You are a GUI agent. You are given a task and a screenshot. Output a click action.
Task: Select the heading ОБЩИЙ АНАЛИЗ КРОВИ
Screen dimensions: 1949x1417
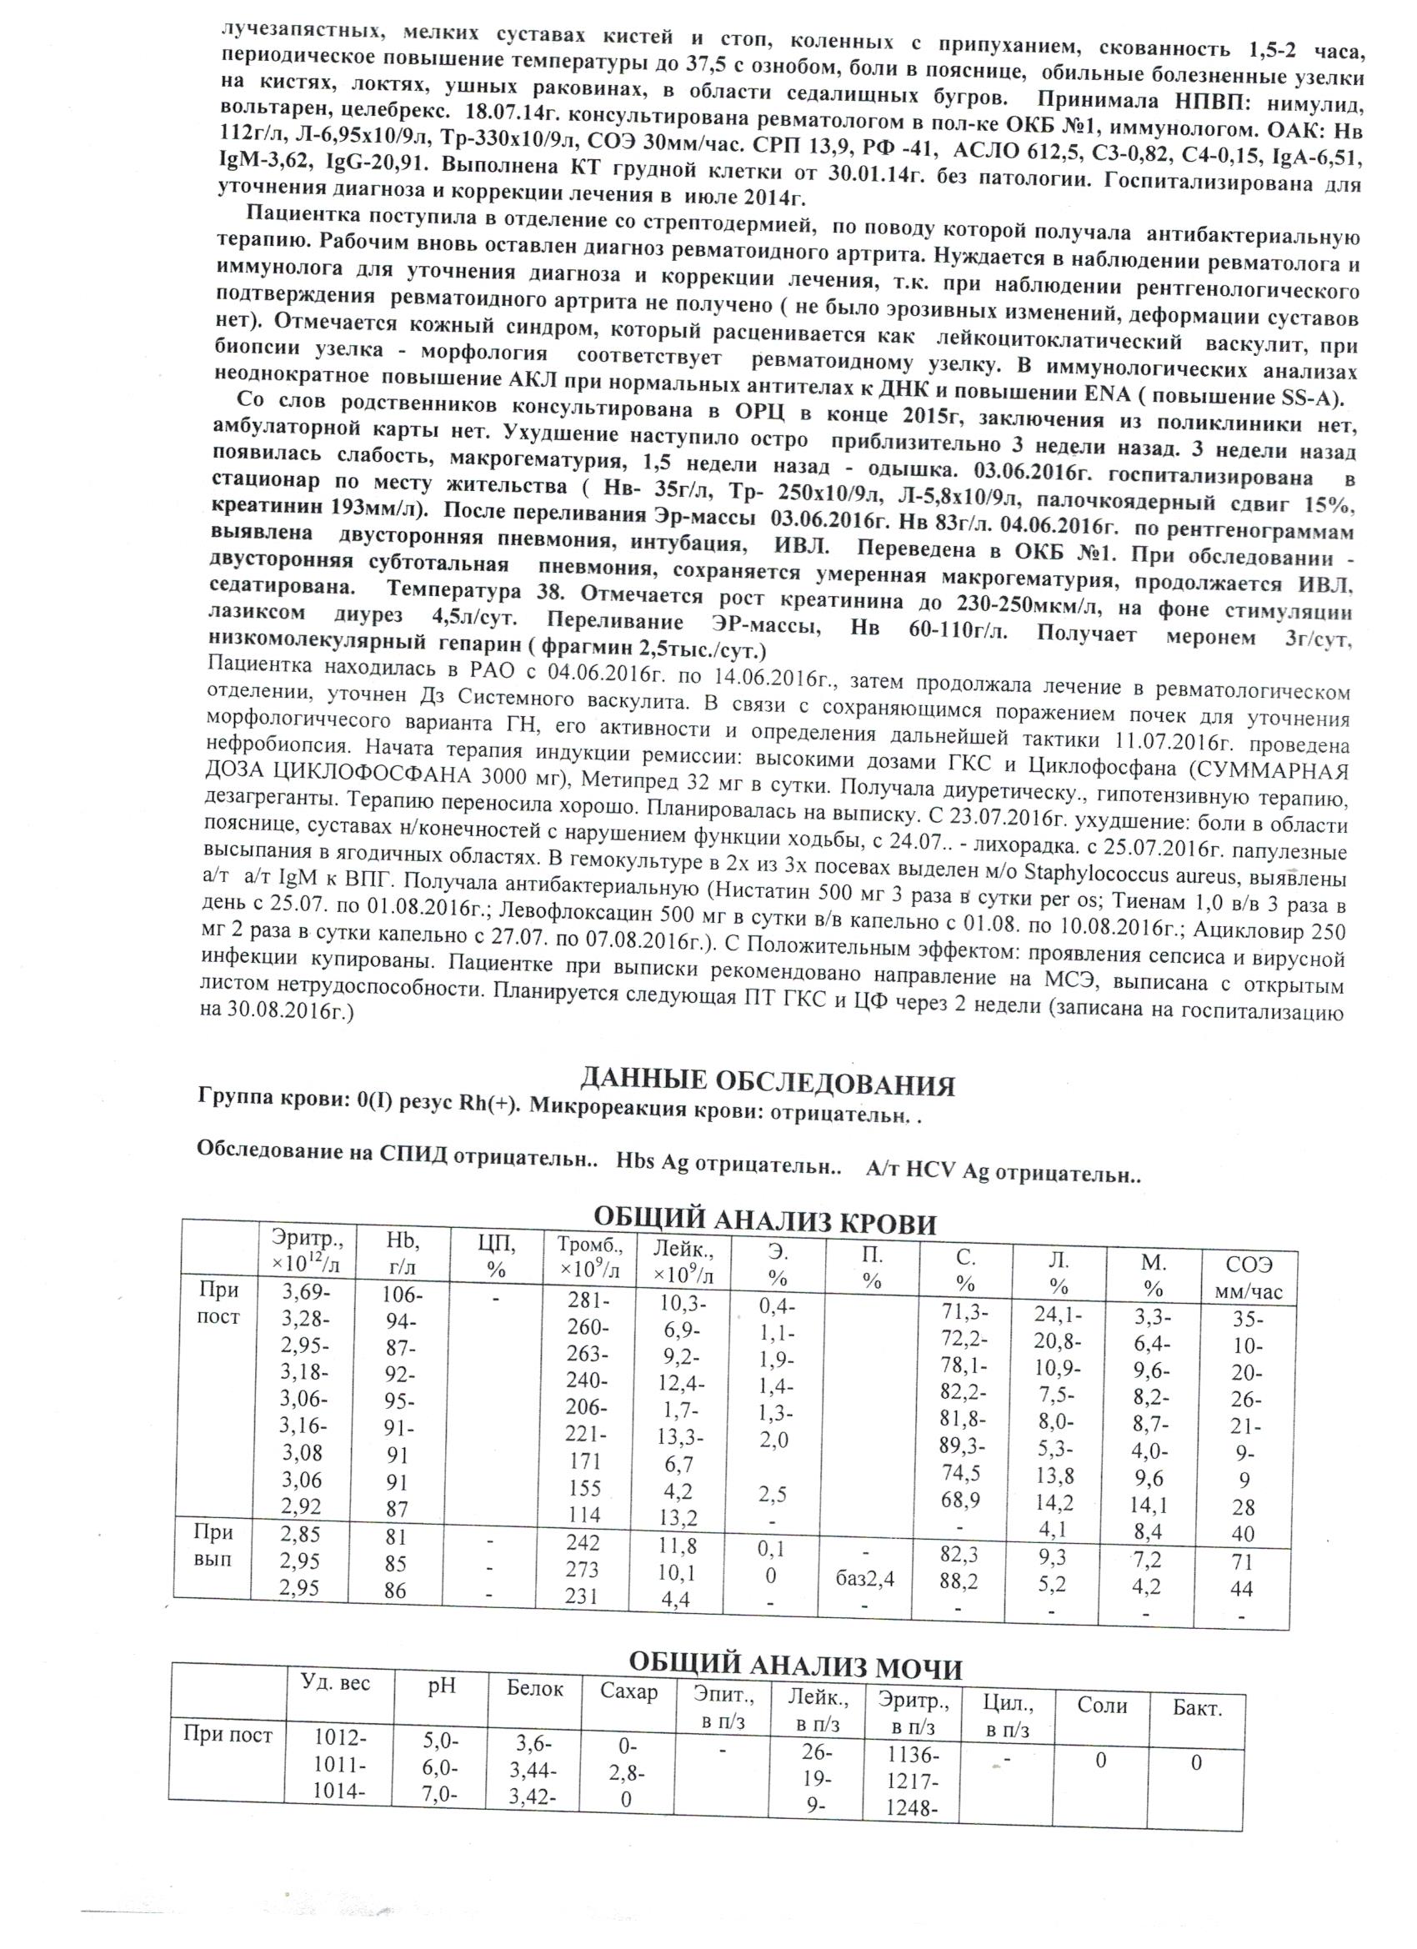(765, 1221)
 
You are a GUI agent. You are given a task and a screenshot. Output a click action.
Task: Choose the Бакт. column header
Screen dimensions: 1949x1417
(1197, 1708)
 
